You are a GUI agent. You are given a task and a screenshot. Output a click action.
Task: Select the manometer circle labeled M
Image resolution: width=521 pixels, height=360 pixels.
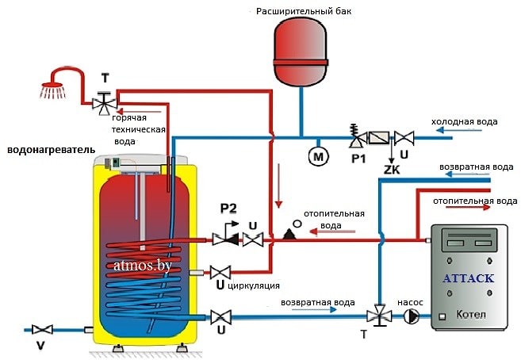click(x=319, y=157)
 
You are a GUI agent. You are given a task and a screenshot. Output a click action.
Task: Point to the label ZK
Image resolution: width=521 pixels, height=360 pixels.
click(x=390, y=170)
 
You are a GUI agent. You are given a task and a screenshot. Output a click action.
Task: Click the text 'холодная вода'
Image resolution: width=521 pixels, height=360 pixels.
click(x=464, y=121)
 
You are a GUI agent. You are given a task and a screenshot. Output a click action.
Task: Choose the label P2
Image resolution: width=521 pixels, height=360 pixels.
click(x=228, y=209)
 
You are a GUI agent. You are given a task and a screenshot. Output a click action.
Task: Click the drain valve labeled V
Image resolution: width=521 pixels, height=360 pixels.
click(x=41, y=329)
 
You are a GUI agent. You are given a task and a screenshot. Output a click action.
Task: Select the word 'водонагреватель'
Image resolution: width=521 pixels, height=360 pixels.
click(x=51, y=149)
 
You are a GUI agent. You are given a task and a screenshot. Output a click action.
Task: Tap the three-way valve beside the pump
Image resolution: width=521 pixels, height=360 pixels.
click(x=380, y=315)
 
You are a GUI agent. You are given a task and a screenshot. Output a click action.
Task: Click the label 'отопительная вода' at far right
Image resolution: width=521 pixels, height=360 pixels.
click(x=475, y=201)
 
